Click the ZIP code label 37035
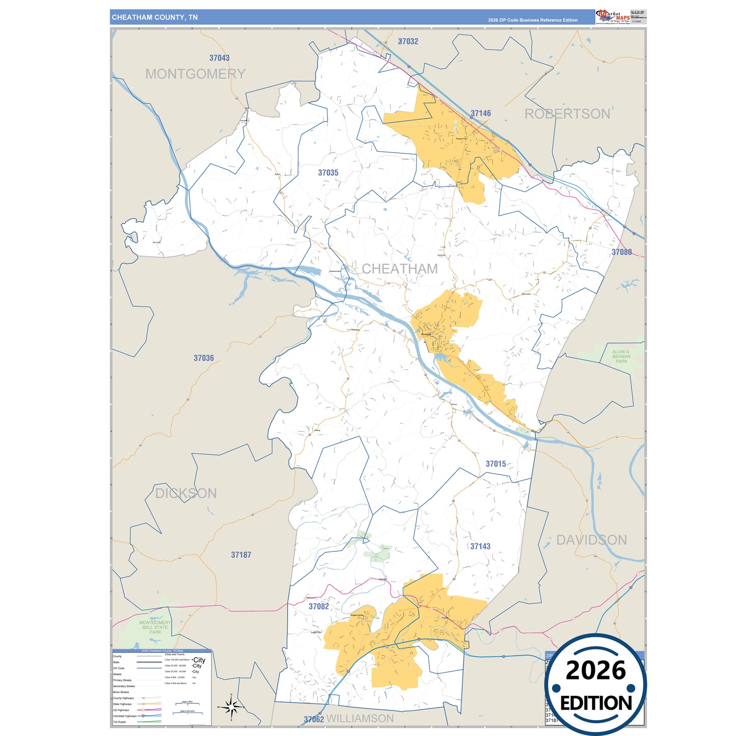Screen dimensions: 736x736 tap(328, 173)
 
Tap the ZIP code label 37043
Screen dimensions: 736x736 tap(219, 58)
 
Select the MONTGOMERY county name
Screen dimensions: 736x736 tap(195, 74)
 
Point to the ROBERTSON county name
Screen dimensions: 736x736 tap(567, 114)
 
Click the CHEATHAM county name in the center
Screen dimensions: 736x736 tap(399, 268)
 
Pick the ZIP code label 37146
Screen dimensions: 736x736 tap(480, 113)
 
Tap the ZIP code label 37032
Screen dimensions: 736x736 tap(407, 41)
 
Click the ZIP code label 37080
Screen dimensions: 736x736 tap(621, 252)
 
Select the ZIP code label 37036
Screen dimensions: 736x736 tap(204, 358)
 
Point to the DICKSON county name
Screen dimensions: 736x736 tap(186, 493)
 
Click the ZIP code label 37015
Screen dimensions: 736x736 tap(496, 464)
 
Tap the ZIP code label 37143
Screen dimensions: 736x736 tap(480, 546)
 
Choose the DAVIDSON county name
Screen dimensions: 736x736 tap(591, 540)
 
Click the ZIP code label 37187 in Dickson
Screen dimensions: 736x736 tap(241, 555)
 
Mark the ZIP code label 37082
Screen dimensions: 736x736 tap(318, 606)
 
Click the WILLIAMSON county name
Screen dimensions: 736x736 tap(360, 718)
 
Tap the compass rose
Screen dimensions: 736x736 tap(231, 707)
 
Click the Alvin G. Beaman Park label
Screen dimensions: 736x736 tap(621, 357)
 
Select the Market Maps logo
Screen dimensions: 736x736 tap(613, 17)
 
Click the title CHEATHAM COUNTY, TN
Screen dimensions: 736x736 tap(155, 17)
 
